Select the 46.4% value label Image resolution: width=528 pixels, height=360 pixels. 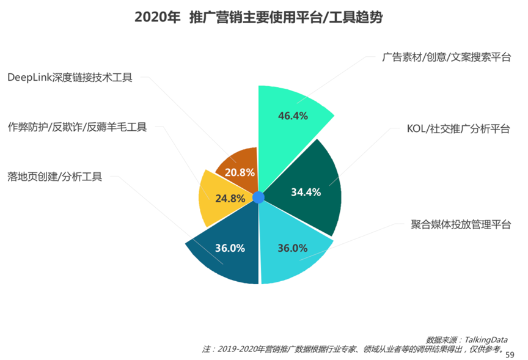click(293, 116)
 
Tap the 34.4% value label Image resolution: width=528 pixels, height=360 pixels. click(306, 192)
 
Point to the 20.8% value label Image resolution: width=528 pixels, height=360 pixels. click(240, 172)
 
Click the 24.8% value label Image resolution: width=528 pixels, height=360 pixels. click(230, 198)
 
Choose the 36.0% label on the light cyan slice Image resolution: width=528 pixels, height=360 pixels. click(292, 248)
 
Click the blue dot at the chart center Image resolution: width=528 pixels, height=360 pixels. click(258, 197)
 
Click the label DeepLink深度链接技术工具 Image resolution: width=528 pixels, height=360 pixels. click(70, 78)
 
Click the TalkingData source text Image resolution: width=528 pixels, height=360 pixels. click(466, 339)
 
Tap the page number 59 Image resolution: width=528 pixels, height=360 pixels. click(511, 354)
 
